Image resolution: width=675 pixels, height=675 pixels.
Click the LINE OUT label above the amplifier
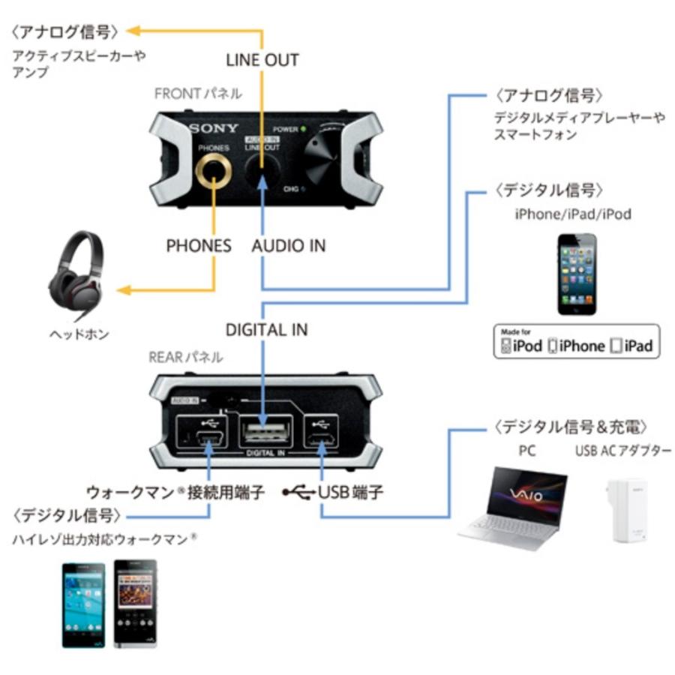(x=262, y=59)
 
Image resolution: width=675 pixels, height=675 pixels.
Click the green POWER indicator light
(x=302, y=129)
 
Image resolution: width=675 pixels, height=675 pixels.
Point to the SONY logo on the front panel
(x=213, y=128)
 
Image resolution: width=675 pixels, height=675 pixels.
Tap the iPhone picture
(x=577, y=274)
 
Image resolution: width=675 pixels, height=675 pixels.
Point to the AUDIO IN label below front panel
(x=289, y=245)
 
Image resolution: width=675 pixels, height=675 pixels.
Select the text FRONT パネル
(x=198, y=94)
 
